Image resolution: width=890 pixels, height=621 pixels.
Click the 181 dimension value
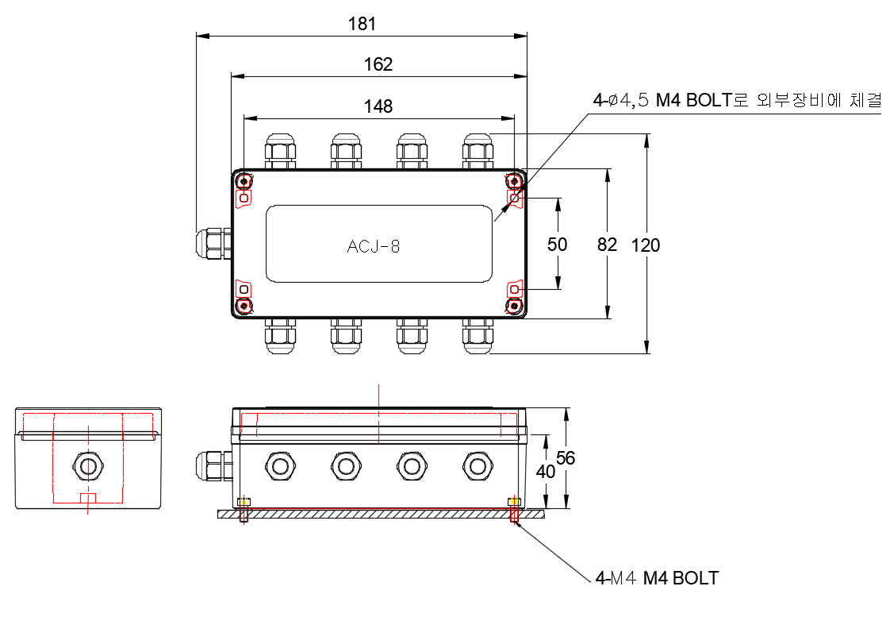point(363,24)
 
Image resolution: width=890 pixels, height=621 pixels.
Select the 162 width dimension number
point(378,64)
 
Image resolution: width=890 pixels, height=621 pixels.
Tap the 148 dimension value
point(378,106)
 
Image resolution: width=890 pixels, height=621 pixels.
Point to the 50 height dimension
point(558,244)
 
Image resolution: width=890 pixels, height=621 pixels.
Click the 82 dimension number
point(607,244)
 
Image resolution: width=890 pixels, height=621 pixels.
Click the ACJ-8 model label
point(374,246)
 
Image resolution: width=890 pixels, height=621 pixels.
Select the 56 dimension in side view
point(566,457)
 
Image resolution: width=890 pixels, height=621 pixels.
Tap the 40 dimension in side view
point(546,471)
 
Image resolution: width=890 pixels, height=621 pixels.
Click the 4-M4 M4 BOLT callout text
point(657,578)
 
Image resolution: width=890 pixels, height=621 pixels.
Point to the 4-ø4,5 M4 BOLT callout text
point(737,101)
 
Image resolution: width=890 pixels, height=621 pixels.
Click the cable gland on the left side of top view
point(211,243)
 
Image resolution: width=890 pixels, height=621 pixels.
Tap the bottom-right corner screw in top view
point(516,306)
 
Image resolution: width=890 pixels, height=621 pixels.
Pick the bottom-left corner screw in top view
point(244,306)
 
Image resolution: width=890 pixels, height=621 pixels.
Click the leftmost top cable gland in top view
point(280,151)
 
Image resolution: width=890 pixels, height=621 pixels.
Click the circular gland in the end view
point(88,465)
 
